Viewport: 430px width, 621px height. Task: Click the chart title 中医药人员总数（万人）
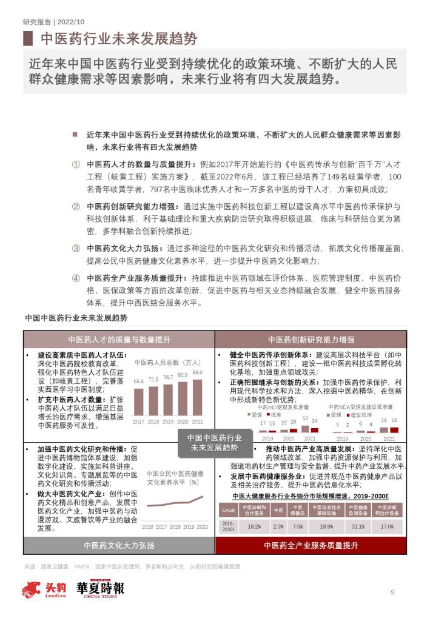tap(168, 363)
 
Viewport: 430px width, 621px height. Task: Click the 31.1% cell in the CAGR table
tap(358, 526)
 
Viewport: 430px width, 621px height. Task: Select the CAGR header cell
tap(227, 510)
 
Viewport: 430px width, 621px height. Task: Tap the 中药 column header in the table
tap(278, 510)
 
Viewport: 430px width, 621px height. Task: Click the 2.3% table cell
tap(278, 526)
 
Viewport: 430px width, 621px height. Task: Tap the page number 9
tap(392, 592)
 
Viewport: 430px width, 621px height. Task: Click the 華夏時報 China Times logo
tap(100, 589)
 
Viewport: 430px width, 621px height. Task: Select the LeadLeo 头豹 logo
tap(40, 590)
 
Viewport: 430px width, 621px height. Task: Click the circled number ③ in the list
tap(76, 248)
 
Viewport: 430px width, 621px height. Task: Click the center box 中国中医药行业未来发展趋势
tap(214, 442)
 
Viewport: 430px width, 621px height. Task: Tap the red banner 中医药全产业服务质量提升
tap(311, 545)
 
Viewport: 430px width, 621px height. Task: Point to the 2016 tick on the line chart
tap(147, 527)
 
